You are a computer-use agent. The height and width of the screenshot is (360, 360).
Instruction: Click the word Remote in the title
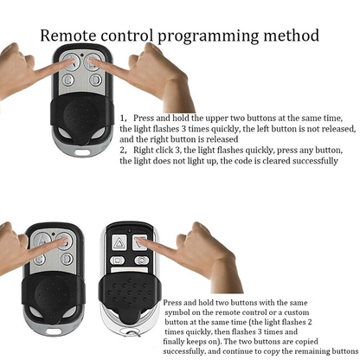pos(67,35)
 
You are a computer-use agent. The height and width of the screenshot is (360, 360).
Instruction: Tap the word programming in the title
pos(208,37)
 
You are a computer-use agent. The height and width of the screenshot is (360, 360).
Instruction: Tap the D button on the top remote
pos(95,80)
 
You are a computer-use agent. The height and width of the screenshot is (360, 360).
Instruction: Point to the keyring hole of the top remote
pos(82,151)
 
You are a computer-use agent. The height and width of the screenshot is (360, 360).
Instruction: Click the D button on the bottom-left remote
pos(67,259)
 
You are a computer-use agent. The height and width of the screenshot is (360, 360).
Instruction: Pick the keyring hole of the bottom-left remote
pos(54,331)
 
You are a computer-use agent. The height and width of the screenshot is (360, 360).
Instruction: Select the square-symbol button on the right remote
pos(118,260)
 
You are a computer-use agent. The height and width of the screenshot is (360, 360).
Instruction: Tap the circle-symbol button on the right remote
pos(142,260)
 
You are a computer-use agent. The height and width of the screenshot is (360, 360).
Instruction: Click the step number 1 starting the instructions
pos(123,119)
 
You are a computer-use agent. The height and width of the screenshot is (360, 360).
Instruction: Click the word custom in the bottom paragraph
pos(297,312)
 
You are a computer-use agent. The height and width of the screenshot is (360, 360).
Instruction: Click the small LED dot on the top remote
pos(82,55)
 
